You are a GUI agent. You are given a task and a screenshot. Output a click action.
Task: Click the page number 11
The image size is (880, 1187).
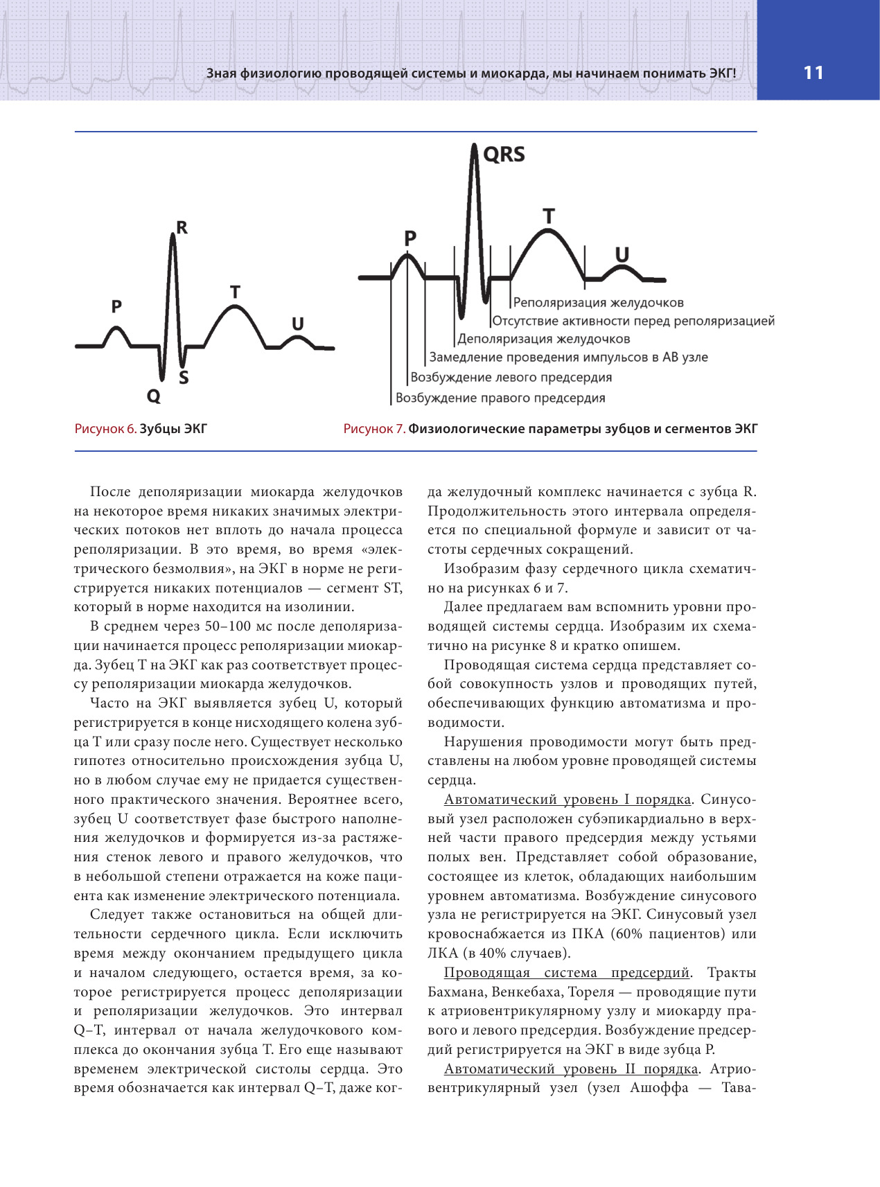[x=813, y=73]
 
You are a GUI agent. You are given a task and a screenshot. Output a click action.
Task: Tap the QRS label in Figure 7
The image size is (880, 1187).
[x=504, y=155]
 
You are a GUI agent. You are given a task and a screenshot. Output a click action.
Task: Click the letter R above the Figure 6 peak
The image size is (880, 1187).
[x=182, y=227]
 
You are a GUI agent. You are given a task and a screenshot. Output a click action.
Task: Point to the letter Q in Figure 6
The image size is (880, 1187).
[x=153, y=396]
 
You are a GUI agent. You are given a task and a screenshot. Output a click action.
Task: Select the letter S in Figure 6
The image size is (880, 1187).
[x=184, y=378]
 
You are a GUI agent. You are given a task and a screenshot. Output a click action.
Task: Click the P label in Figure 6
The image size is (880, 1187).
[x=116, y=306]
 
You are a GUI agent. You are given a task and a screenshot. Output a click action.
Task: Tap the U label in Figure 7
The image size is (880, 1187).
[x=622, y=255]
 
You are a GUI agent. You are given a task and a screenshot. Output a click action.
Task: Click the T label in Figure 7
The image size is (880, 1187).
[x=549, y=217]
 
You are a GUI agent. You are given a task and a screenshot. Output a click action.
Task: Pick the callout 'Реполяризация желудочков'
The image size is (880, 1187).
[x=599, y=303]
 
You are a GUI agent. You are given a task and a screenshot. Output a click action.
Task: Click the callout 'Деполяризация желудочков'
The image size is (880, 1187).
[x=544, y=340]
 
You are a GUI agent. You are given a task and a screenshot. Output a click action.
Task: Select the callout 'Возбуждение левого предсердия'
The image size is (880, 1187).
[x=511, y=378]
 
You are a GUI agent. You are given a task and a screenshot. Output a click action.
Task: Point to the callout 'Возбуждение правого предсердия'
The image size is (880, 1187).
[x=500, y=398]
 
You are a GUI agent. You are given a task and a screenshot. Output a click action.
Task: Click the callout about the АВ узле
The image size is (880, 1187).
[x=568, y=358]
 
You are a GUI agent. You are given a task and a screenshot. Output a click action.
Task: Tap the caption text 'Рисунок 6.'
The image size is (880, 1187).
[x=105, y=429]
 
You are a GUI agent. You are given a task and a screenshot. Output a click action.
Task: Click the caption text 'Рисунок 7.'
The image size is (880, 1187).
[x=374, y=429]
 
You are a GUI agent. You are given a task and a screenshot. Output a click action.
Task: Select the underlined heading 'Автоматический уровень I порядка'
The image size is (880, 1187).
[x=567, y=800]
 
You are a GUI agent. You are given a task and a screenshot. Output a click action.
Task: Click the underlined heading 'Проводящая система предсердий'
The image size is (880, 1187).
[x=567, y=973]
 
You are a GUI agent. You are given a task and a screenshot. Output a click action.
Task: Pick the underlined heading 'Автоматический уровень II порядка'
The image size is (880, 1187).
[x=570, y=1069]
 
